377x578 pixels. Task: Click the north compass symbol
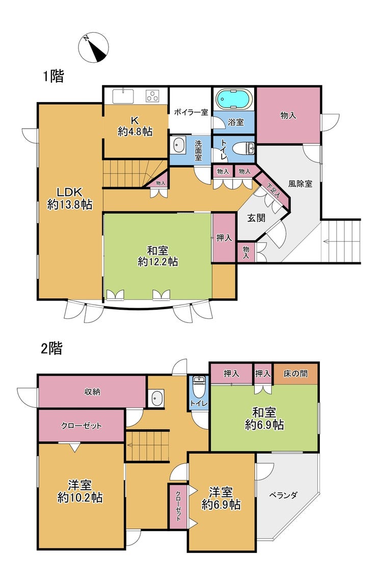click(x=94, y=47)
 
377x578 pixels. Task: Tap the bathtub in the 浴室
click(x=234, y=99)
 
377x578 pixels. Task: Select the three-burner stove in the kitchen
click(x=152, y=96)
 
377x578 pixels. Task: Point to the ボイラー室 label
click(x=191, y=112)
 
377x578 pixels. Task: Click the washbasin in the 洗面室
click(x=178, y=145)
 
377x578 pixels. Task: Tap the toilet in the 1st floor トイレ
click(x=245, y=148)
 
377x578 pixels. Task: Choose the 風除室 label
click(x=301, y=184)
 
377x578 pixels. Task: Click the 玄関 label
click(x=256, y=218)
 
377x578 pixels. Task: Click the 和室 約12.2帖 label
click(x=158, y=256)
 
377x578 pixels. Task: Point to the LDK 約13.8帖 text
click(x=70, y=198)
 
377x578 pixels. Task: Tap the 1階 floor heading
click(x=54, y=77)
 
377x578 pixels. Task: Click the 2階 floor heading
click(x=51, y=348)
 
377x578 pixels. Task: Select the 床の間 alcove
click(x=295, y=374)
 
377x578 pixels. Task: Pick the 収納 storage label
click(x=92, y=392)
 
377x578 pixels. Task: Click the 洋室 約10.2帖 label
click(x=80, y=491)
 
